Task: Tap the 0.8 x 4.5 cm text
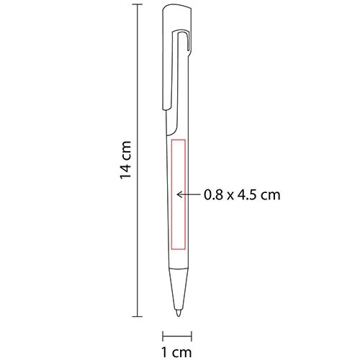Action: (241, 194)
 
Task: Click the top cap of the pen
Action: (178, 14)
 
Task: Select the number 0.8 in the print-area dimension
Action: (213, 194)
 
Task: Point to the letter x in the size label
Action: (230, 194)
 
